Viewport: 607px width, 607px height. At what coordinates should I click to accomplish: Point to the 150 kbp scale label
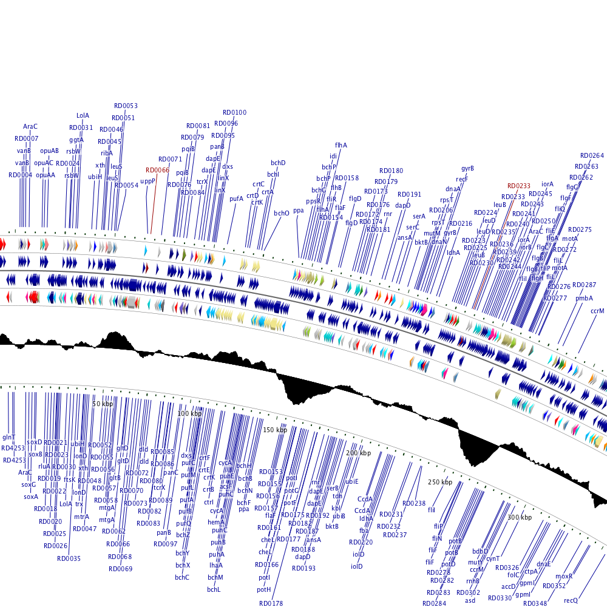(x=274, y=430)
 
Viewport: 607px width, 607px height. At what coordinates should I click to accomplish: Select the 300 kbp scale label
(x=519, y=517)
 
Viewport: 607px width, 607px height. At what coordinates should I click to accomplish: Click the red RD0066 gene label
(x=157, y=170)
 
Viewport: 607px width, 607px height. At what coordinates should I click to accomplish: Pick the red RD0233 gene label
(x=519, y=186)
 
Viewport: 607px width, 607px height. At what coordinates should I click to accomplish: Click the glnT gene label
(x=8, y=437)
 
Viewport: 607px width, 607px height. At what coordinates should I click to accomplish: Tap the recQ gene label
(x=571, y=600)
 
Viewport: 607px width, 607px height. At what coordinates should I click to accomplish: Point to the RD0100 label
(x=234, y=112)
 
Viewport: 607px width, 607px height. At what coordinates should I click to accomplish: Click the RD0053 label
(x=126, y=106)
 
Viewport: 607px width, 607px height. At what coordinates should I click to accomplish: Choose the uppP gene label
(x=148, y=181)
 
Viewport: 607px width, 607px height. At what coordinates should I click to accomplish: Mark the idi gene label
(x=333, y=156)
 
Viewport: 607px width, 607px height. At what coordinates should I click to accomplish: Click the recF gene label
(x=462, y=179)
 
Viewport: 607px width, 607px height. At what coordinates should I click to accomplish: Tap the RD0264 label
(x=592, y=155)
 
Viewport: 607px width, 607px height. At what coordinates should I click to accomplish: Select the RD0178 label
(x=271, y=603)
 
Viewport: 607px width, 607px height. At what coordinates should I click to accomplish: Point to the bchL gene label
(x=214, y=589)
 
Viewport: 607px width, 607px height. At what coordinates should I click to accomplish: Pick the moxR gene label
(x=564, y=575)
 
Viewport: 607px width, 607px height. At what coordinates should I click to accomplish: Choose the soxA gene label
(x=31, y=497)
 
